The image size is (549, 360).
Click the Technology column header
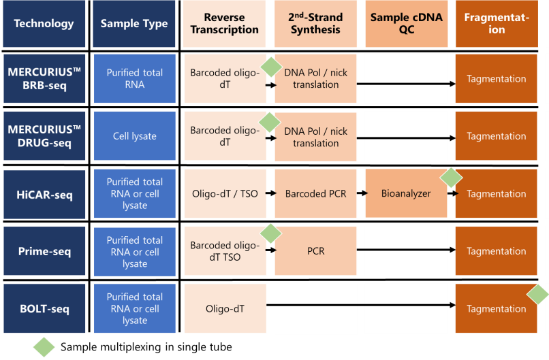(44, 24)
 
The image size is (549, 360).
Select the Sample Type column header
(134, 24)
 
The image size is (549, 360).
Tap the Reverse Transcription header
(225, 24)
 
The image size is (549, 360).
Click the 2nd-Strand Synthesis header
(315, 24)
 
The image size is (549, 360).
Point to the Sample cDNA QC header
(407, 24)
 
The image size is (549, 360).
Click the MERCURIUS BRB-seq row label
(44, 79)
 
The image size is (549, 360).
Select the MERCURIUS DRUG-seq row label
(44, 136)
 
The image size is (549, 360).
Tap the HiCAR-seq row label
(44, 194)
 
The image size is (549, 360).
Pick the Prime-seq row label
(44, 251)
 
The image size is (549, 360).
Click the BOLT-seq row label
(44, 308)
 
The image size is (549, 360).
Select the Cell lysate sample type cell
(134, 136)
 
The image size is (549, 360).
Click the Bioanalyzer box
(407, 194)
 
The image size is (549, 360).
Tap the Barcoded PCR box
(315, 194)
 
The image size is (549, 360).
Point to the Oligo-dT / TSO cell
(225, 194)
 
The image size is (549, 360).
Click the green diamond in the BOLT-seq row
(537, 294)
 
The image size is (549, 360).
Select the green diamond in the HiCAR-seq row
(451, 178)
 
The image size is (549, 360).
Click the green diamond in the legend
(44, 347)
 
